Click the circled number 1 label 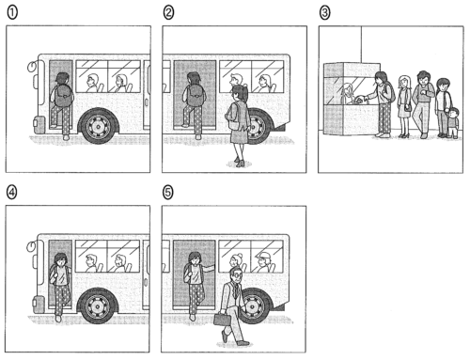[12, 13]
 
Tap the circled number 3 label [324, 13]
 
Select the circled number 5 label [168, 193]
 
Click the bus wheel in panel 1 [99, 126]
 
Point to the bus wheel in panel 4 [98, 305]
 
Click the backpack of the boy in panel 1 [63, 95]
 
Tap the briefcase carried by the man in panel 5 [222, 319]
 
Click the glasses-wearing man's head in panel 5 [236, 275]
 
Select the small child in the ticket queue [453, 122]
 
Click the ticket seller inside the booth [348, 93]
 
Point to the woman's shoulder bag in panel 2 [232, 116]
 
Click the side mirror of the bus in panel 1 [32, 67]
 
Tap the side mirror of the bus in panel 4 [31, 246]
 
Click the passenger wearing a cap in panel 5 [264, 261]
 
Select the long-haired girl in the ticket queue [404, 106]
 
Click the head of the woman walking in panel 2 [239, 93]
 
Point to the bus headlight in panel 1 [39, 122]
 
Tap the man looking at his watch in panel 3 [423, 104]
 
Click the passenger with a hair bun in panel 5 [236, 260]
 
